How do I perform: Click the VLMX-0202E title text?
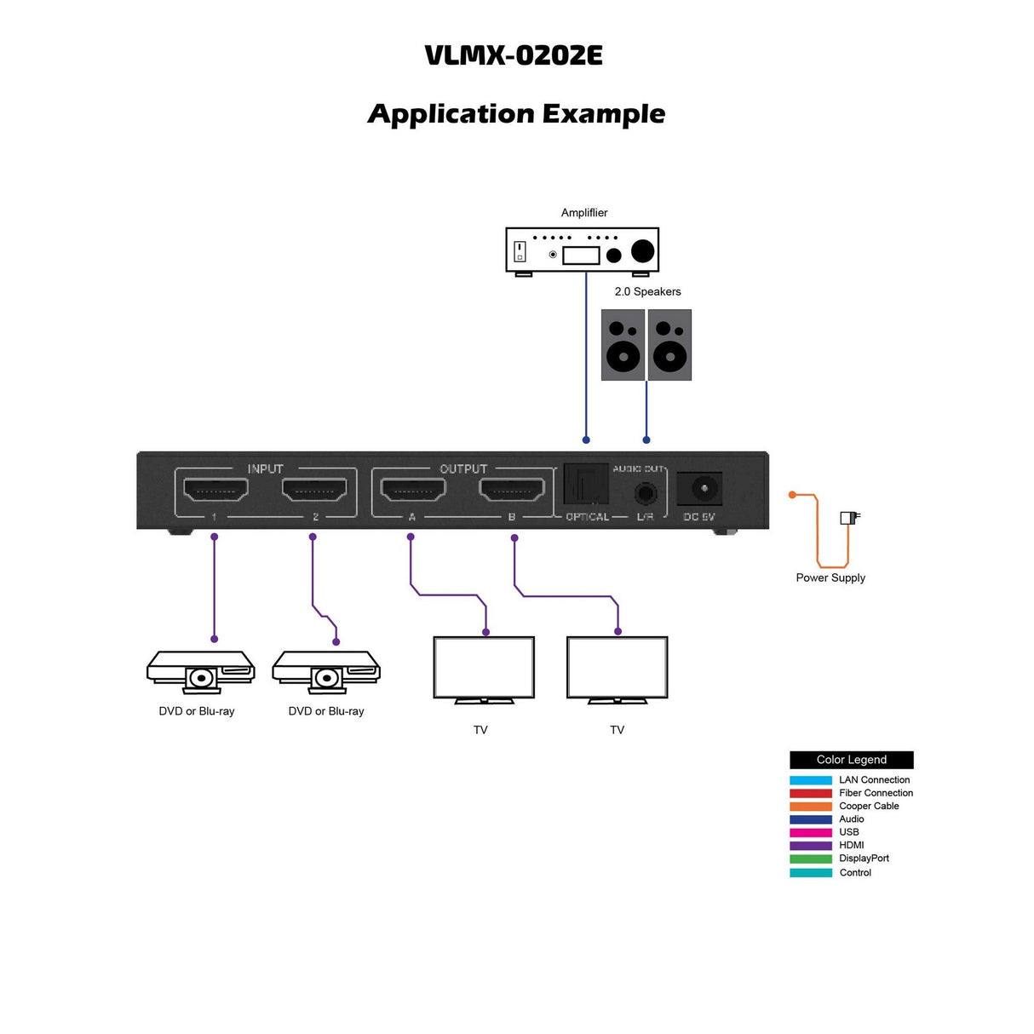pos(514,55)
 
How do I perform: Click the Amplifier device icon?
pos(583,251)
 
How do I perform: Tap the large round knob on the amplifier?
pos(642,250)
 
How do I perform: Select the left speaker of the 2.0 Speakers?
pos(623,344)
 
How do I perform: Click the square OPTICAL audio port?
pos(586,485)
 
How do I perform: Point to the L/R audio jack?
pos(645,492)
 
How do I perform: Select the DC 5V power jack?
pos(700,489)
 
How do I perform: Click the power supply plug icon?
pos(849,517)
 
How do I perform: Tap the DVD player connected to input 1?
pos(200,671)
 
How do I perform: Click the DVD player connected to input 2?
pos(326,671)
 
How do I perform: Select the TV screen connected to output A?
pos(484,667)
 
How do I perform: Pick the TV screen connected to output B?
pos(618,667)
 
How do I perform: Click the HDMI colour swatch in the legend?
pos(811,846)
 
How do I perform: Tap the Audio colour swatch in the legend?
pos(811,819)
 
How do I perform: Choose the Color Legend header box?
pos(851,760)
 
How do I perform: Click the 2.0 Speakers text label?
pos(647,291)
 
